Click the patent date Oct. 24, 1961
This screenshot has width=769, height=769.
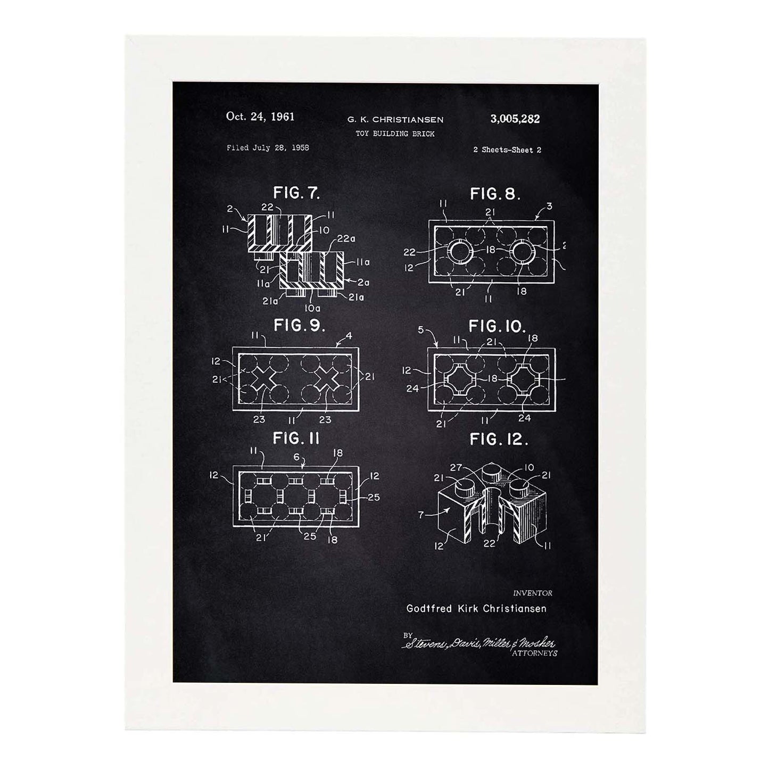260,117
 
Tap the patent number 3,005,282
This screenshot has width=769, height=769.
515,119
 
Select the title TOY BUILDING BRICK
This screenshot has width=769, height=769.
395,134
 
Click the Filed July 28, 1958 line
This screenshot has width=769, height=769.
268,147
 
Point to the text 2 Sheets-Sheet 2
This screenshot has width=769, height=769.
507,150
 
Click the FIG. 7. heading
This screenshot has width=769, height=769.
296,193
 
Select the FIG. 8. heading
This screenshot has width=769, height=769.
495,194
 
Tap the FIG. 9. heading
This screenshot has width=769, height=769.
299,326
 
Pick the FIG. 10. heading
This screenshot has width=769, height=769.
497,326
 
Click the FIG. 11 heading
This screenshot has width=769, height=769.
296,439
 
